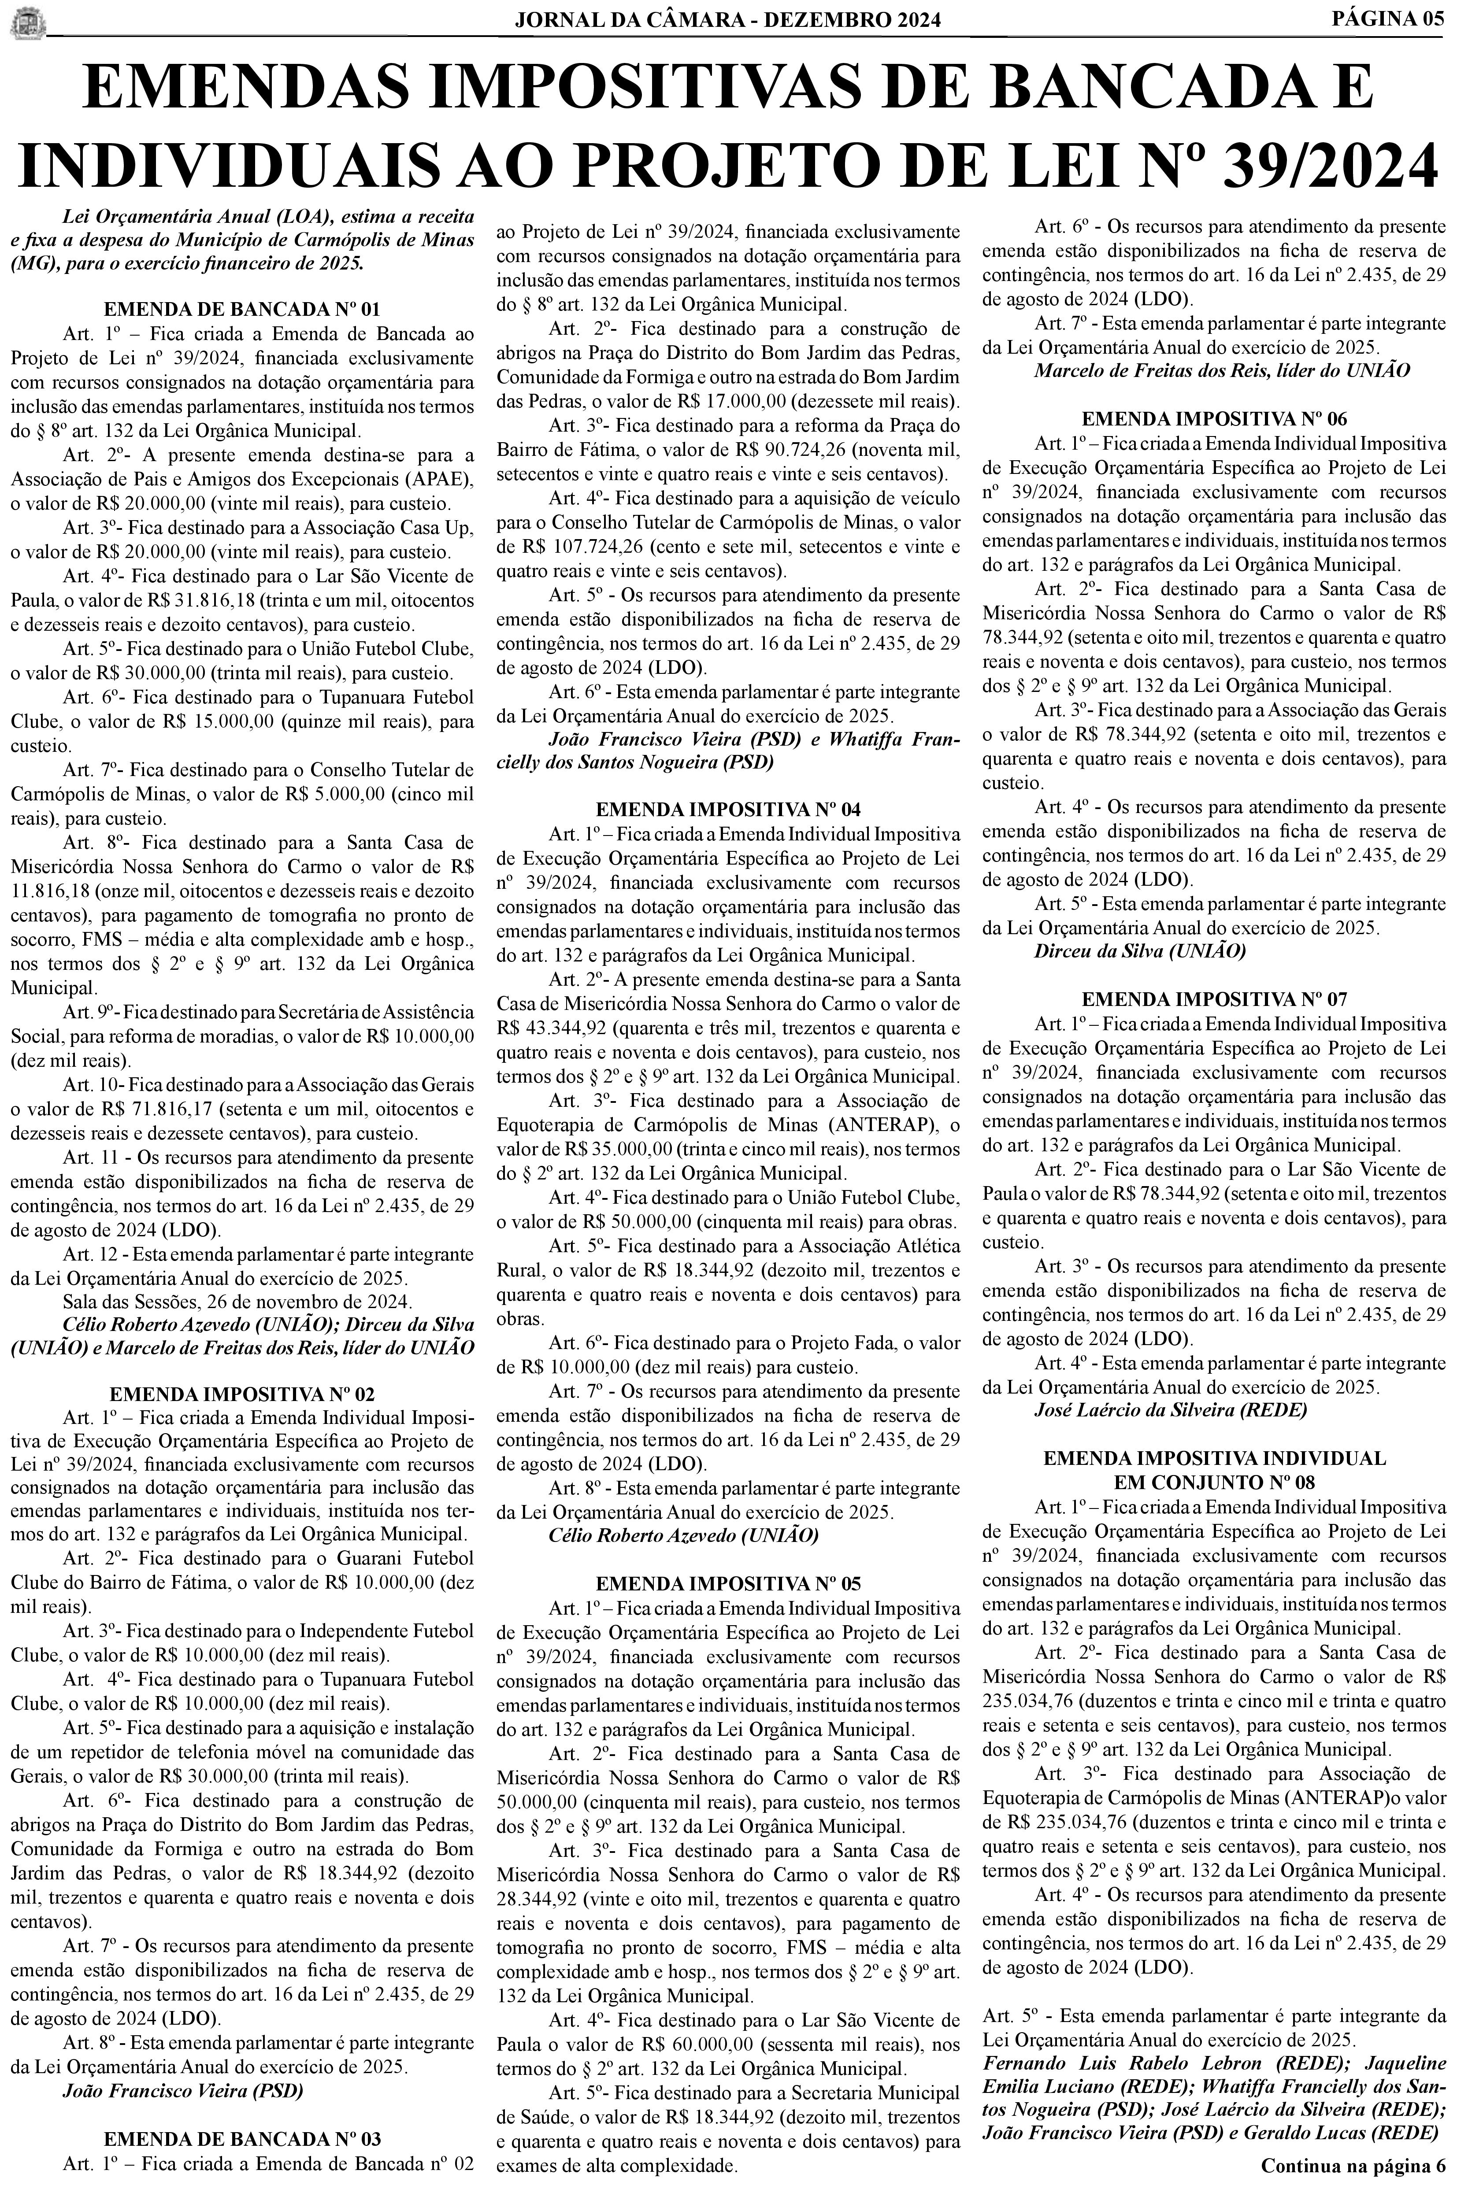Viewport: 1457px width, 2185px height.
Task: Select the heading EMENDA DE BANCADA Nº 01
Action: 241,309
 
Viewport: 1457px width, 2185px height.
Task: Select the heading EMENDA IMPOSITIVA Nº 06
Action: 1215,418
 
